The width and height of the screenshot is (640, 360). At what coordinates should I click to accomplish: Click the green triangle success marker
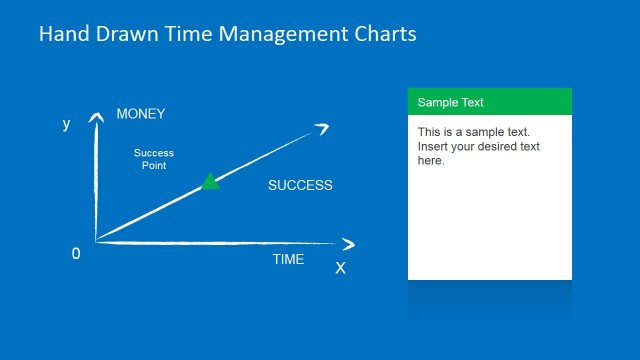coord(210,181)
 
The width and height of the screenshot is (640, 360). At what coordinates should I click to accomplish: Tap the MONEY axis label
coord(140,114)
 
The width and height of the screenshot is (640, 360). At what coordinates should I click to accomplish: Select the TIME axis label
coord(289,260)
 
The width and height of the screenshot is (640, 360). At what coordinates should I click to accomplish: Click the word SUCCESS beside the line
coord(300,185)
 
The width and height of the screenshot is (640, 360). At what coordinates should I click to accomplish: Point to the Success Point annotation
coord(154,159)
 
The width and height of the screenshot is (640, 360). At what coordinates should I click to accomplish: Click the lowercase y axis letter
coord(66,124)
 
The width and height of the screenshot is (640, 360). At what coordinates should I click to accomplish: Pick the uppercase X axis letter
coord(340,268)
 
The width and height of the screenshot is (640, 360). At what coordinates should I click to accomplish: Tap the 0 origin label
coord(76,254)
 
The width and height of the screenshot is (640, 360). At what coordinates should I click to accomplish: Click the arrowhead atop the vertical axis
coord(96,118)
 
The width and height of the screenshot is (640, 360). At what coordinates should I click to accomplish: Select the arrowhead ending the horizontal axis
coord(347,244)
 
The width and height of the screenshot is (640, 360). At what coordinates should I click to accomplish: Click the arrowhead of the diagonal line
coord(322,127)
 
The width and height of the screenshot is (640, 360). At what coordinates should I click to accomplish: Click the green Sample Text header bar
coord(489,102)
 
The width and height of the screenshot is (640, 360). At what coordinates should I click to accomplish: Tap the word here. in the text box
coord(431,160)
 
